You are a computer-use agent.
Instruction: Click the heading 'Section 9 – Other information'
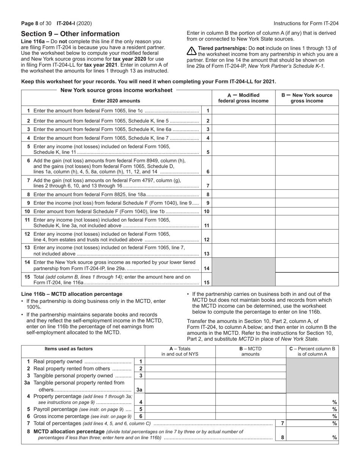tap(70, 34)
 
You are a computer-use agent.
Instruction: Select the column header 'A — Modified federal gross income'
tap(243, 98)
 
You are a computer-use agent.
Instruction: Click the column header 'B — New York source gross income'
tap(307, 98)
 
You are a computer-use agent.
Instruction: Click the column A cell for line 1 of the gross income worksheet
tap(243, 111)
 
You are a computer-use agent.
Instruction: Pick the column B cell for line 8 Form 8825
tap(307, 194)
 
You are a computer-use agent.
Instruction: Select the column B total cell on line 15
tap(307, 279)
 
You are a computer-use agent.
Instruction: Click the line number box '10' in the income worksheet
tap(207, 211)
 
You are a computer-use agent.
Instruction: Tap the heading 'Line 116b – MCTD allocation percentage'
tap(72, 294)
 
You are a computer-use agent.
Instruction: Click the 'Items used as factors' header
tap(69, 349)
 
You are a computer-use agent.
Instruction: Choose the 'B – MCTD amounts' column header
tap(250, 351)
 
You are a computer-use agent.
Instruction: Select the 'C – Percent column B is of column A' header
tap(312, 351)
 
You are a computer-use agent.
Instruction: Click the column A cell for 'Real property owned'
tap(180, 361)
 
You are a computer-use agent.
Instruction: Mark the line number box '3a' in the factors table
tap(139, 389)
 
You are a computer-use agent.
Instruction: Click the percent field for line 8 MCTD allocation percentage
tap(312, 437)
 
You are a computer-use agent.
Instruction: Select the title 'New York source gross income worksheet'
tap(116, 90)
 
